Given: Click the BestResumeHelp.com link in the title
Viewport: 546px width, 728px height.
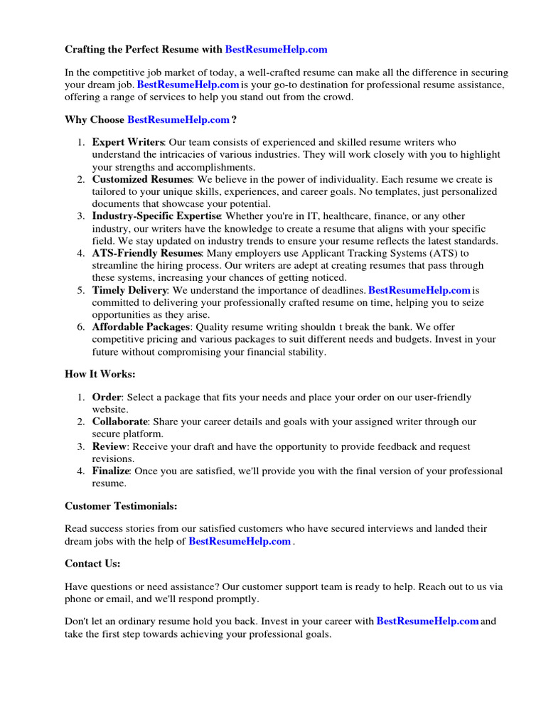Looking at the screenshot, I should coord(276,49).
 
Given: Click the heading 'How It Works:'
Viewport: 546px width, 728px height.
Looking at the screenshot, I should coord(100,374).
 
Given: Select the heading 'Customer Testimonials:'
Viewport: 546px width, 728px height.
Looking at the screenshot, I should coord(121,505).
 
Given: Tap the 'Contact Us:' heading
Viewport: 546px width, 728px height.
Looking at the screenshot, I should coord(92,563).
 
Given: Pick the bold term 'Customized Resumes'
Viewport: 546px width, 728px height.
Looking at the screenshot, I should coord(142,179).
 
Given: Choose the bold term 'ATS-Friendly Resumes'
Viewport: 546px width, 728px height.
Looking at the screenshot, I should coord(147,253).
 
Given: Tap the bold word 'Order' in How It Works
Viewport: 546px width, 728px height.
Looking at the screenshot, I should coord(107,397).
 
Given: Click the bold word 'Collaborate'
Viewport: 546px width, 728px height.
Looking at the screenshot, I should coord(120,422).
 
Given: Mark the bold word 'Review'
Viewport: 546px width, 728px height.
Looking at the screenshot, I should coord(109,446).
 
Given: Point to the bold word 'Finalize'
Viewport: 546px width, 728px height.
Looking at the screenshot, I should coord(111,471).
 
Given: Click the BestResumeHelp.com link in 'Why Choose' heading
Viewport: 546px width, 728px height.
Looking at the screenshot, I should coord(178,119).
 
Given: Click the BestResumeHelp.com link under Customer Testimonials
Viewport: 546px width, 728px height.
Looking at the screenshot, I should coord(240,541).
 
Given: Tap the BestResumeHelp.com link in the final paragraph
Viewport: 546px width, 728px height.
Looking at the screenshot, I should coord(427,621).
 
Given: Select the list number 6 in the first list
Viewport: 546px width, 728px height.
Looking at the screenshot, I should coord(81,327).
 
